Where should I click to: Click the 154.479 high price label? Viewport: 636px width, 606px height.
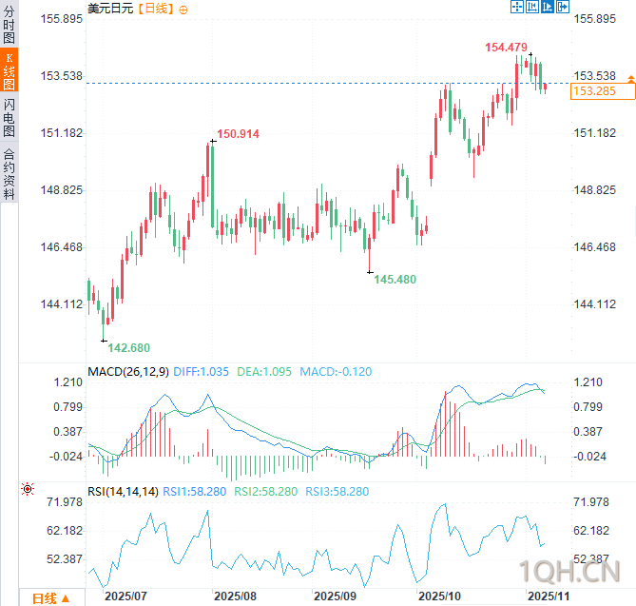[x=506, y=48]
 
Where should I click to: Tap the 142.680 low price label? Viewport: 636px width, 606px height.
[x=129, y=348]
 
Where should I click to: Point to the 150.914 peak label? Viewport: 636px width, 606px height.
[x=238, y=134]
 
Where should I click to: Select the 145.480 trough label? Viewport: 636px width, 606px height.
[x=395, y=280]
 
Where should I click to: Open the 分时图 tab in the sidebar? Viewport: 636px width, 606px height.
[x=10, y=24]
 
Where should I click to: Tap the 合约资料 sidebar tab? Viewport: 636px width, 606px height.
[x=10, y=172]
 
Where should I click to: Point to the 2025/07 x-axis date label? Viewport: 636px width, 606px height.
[x=125, y=596]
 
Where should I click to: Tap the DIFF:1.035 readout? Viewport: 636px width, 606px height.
[x=202, y=371]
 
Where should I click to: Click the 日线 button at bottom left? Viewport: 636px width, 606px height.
[x=50, y=598]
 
